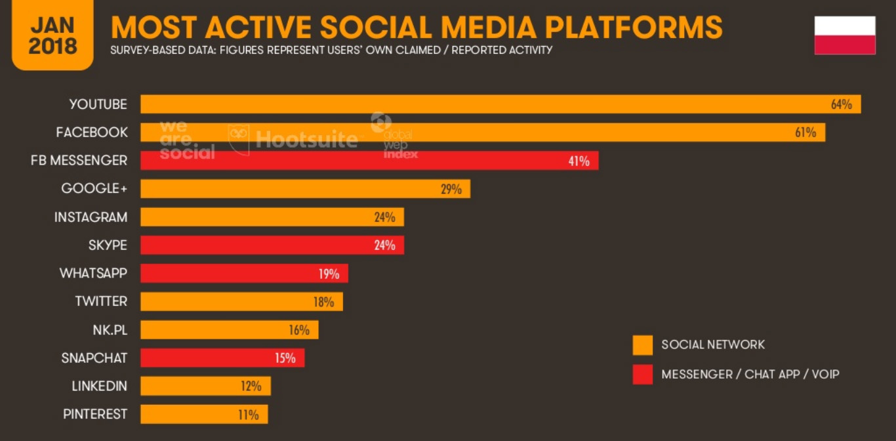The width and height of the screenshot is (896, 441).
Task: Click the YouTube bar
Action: point(500,104)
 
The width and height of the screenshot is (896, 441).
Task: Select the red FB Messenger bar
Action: point(369,161)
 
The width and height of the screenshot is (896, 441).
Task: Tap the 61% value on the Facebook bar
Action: point(805,133)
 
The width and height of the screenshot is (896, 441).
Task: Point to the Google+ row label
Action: point(94,188)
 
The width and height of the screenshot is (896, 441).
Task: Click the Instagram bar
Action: point(272,217)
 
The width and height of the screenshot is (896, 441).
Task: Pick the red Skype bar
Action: point(272,245)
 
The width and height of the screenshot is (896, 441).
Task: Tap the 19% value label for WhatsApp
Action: point(329,274)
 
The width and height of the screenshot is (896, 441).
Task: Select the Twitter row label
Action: point(101,301)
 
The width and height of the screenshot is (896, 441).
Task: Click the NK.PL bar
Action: point(229,329)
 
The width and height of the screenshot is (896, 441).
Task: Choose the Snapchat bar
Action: point(222,358)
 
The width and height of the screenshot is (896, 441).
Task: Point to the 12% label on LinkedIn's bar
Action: point(251,386)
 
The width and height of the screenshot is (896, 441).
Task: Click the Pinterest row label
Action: point(95,414)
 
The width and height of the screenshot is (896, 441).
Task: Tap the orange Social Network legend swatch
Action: point(642,345)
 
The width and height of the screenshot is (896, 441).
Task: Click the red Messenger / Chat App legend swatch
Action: point(642,375)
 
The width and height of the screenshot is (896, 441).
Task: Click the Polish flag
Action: point(845,35)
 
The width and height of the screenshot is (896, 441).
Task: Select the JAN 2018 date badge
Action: point(52,35)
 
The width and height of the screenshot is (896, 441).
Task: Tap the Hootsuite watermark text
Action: point(306,139)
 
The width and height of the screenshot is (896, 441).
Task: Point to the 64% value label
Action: point(841,104)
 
